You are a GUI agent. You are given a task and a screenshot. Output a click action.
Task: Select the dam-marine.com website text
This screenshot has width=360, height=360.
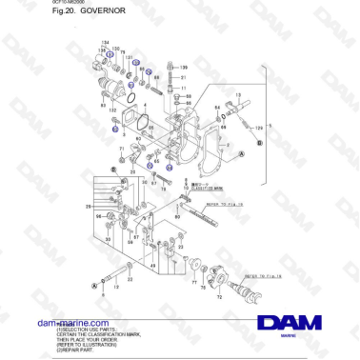coord(68,324)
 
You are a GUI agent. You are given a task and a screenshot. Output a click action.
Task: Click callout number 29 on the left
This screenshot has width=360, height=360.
coord(87,206)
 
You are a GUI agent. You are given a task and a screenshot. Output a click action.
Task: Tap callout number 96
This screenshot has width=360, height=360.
coord(97,217)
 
